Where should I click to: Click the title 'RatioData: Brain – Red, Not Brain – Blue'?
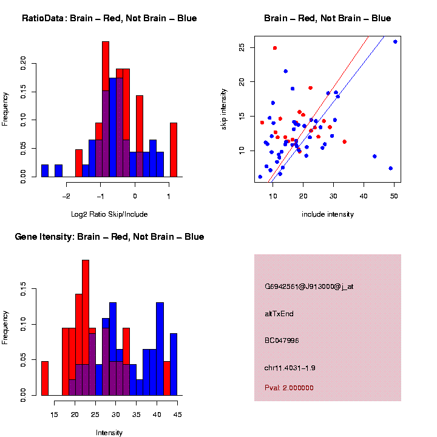pos(109,18)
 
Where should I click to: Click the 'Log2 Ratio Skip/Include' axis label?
pos(109,214)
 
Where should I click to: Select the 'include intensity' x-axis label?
pos(328,214)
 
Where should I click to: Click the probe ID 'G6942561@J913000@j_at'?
pos(309,286)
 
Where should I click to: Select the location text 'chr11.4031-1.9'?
pos(290,368)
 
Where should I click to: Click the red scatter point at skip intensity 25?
pos(275,48)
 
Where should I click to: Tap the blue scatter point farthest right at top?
pos(395,42)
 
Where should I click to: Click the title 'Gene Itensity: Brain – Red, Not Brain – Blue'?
pos(109,237)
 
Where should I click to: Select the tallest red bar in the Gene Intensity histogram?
pos(86,328)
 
